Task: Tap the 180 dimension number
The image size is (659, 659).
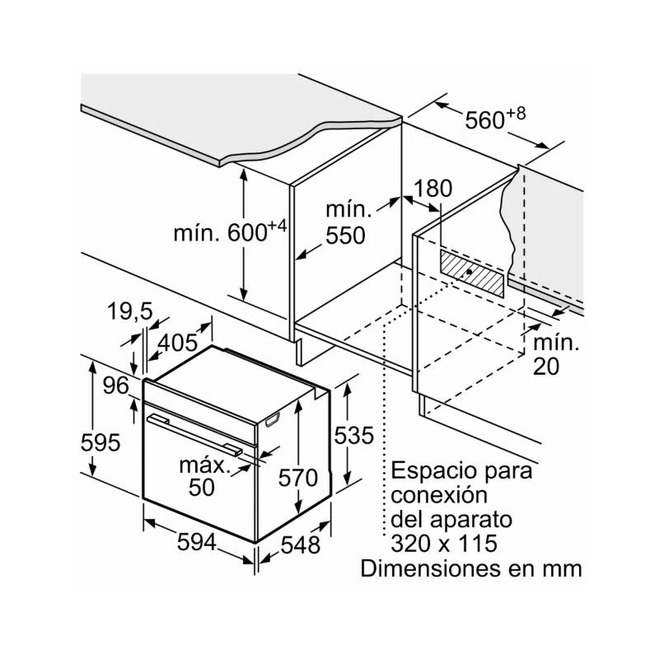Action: click(433, 189)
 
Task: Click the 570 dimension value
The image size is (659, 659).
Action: click(298, 477)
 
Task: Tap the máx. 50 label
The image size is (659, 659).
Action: click(203, 476)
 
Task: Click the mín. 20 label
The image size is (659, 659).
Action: click(554, 353)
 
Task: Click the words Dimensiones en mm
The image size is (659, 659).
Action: click(470, 568)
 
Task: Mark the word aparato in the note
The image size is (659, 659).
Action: click(472, 520)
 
